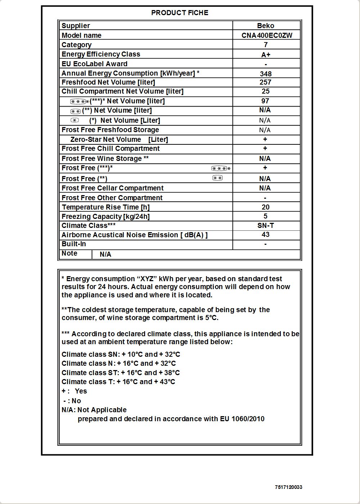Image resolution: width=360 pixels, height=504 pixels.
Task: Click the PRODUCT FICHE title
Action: [x=180, y=13]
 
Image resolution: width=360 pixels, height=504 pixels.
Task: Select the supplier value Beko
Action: [x=266, y=26]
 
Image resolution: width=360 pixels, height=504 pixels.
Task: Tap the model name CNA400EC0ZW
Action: [x=267, y=35]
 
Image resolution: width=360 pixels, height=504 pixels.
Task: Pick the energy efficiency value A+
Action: [x=266, y=55]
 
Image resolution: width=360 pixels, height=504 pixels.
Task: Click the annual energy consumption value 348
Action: [x=266, y=74]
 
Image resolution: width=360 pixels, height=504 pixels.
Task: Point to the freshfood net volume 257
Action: [x=265, y=82]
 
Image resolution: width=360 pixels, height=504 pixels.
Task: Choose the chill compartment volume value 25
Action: [x=266, y=91]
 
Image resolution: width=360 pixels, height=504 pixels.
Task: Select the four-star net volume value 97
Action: [x=265, y=101]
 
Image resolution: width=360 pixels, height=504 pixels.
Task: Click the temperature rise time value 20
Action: [x=266, y=207]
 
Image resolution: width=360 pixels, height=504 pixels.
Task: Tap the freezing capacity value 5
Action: [x=266, y=216]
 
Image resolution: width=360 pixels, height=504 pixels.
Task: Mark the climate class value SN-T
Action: [x=266, y=225]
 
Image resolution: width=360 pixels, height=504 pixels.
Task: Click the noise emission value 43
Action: [x=266, y=234]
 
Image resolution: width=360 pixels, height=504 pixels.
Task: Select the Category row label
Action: [x=76, y=45]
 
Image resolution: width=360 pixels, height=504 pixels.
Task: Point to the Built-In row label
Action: [x=74, y=244]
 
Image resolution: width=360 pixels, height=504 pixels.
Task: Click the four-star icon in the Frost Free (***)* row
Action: [x=221, y=168]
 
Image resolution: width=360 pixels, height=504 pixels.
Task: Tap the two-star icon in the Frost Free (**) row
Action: [x=217, y=178]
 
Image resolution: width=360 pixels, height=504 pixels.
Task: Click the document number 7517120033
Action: [x=288, y=487]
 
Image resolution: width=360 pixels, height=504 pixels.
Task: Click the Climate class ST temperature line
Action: [x=121, y=373]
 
